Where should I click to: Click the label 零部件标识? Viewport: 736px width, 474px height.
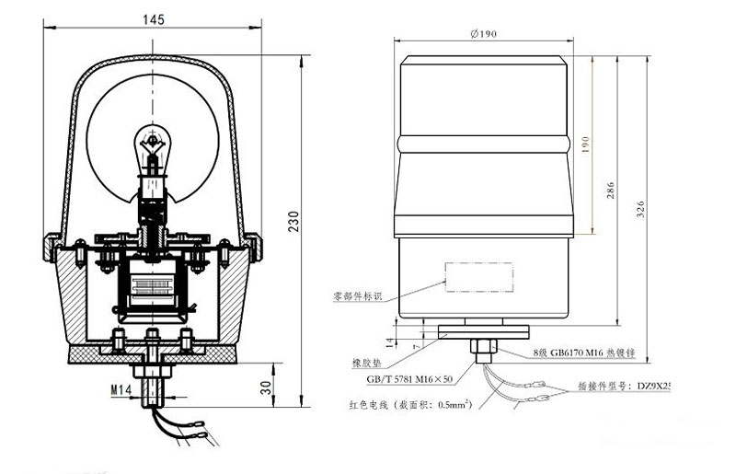tap(362, 297)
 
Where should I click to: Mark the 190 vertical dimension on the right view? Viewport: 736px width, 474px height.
tap(584, 145)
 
